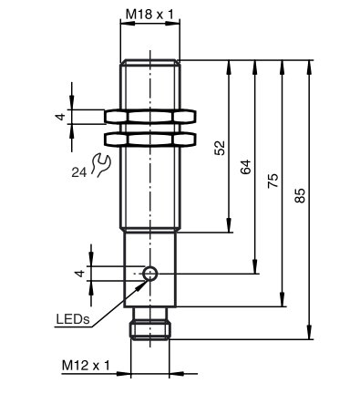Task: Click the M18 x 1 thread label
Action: tap(149, 14)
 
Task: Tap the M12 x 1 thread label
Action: tap(86, 366)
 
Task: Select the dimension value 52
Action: tap(221, 148)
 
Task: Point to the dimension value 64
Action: tap(246, 167)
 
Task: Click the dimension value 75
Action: tap(273, 181)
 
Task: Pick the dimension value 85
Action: tap(300, 196)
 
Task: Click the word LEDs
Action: tap(73, 319)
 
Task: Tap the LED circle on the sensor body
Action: tap(150, 274)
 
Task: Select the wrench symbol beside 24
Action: tap(100, 165)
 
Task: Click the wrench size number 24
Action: tap(79, 172)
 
